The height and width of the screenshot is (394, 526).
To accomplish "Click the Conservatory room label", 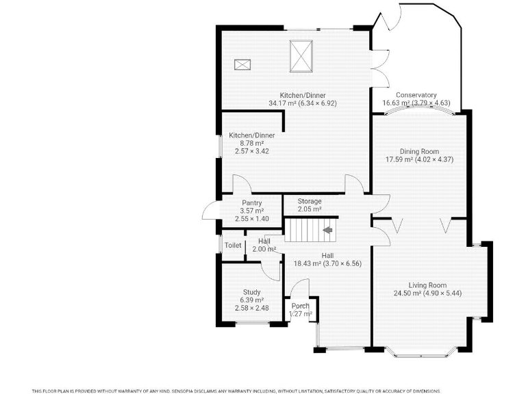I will [x=416, y=95].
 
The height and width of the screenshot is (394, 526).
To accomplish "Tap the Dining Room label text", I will [x=420, y=151].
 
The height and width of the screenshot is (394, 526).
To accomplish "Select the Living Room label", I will [x=427, y=285].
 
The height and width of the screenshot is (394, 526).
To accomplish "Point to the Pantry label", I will [x=252, y=203].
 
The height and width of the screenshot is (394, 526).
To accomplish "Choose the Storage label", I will [x=310, y=201].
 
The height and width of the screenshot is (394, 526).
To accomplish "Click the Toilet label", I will [x=233, y=245].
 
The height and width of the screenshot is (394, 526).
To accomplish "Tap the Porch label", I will [x=301, y=306].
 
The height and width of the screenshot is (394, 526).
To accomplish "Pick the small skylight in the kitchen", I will [x=242, y=64].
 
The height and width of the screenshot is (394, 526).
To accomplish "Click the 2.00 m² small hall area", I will [x=264, y=250].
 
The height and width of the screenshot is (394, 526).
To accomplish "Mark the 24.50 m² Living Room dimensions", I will [x=427, y=293].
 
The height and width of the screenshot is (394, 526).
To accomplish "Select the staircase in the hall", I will [x=310, y=229].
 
